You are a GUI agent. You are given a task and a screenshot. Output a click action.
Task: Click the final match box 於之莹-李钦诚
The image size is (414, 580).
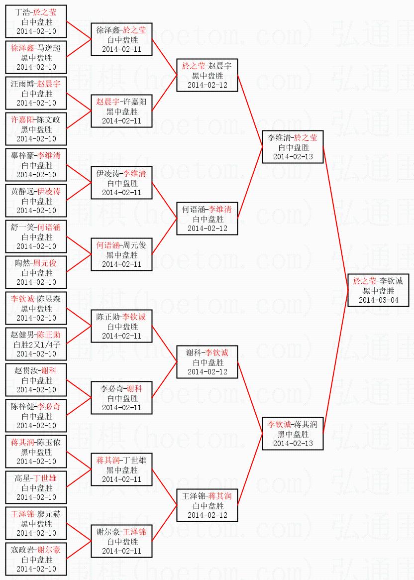pyautogui.click(x=378, y=290)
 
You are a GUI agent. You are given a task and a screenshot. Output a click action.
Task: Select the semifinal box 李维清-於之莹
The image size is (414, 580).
pyautogui.click(x=293, y=147)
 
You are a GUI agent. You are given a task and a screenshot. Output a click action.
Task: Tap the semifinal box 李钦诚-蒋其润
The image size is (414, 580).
pyautogui.click(x=293, y=434)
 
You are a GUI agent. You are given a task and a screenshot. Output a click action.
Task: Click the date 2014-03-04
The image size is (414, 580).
pyautogui.click(x=378, y=300)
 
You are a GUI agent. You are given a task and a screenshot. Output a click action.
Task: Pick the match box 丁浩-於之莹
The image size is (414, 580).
pyautogui.click(x=36, y=21)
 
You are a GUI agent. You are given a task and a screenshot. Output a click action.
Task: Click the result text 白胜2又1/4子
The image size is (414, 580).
pyautogui.click(x=36, y=344)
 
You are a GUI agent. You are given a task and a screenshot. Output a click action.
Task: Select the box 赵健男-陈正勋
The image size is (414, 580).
pyautogui.click(x=36, y=344)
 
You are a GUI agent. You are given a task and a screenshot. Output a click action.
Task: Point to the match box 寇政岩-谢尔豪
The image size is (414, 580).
pyautogui.click(x=36, y=559)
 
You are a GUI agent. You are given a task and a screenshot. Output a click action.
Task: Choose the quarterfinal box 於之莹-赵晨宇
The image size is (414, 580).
pyautogui.click(x=207, y=75)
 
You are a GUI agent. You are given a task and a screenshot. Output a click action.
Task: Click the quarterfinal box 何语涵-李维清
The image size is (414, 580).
pyautogui.click(x=207, y=219)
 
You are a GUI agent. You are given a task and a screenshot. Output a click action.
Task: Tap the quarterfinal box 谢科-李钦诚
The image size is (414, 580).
pyautogui.click(x=207, y=362)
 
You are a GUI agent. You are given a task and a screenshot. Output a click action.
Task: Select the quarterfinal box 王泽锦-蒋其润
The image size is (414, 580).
pyautogui.click(x=207, y=505)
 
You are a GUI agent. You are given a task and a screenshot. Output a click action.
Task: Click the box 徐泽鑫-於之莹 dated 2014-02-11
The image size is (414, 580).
pyautogui.click(x=121, y=39)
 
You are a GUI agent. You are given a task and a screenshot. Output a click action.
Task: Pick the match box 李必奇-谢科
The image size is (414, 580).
pyautogui.click(x=121, y=398)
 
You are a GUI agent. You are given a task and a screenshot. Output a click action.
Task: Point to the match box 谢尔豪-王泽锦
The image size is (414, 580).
pyautogui.click(x=121, y=541)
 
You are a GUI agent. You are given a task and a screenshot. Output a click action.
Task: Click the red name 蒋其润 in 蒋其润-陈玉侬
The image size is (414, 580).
pyautogui.click(x=23, y=442)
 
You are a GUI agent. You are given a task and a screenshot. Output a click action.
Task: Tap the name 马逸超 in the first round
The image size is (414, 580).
pyautogui.click(x=49, y=48)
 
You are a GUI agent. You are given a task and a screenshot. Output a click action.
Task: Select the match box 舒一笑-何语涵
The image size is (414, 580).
pyautogui.click(x=36, y=236)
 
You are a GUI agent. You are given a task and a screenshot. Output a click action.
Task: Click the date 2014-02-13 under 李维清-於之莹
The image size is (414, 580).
pyautogui.click(x=293, y=157)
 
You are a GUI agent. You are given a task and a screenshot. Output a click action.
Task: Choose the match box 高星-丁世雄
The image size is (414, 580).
pyautogui.click(x=36, y=487)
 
